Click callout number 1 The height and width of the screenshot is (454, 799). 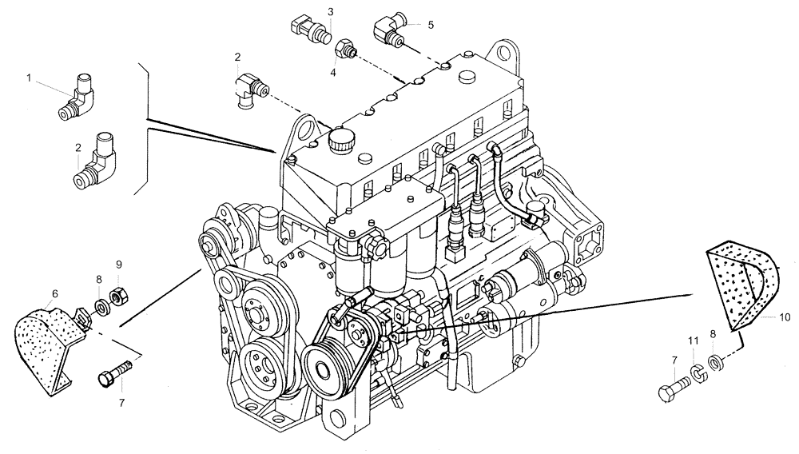(x=30, y=78)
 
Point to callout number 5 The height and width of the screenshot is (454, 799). (x=431, y=25)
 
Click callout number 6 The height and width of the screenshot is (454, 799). (x=54, y=294)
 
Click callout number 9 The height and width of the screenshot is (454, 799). (x=118, y=264)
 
